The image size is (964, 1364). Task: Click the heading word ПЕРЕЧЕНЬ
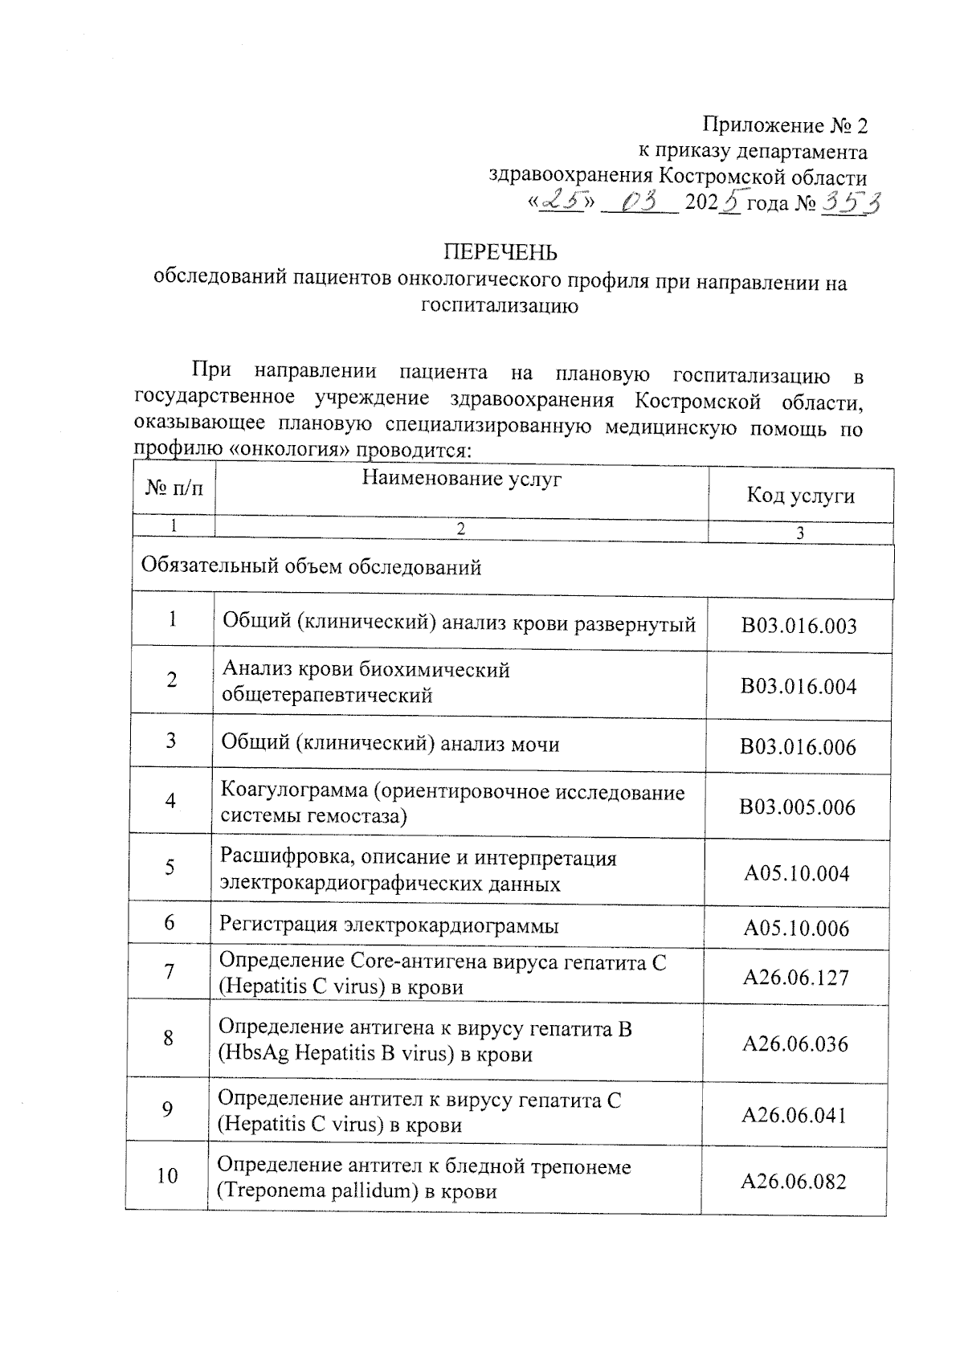[500, 252]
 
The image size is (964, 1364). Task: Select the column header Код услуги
[800, 495]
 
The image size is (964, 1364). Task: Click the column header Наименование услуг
[461, 480]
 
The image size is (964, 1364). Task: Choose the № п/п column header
[174, 488]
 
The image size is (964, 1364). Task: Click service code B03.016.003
[799, 626]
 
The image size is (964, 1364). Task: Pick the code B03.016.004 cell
[799, 686]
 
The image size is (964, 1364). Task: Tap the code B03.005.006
[797, 807]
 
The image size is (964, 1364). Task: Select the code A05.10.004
[796, 873]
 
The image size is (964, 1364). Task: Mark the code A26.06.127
[795, 978]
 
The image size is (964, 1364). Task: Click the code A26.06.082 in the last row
[794, 1182]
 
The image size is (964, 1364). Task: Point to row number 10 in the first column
[167, 1176]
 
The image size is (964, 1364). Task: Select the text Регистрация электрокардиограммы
[389, 925]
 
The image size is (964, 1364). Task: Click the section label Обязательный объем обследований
[311, 566]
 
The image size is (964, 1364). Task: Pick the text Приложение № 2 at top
[785, 126]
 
